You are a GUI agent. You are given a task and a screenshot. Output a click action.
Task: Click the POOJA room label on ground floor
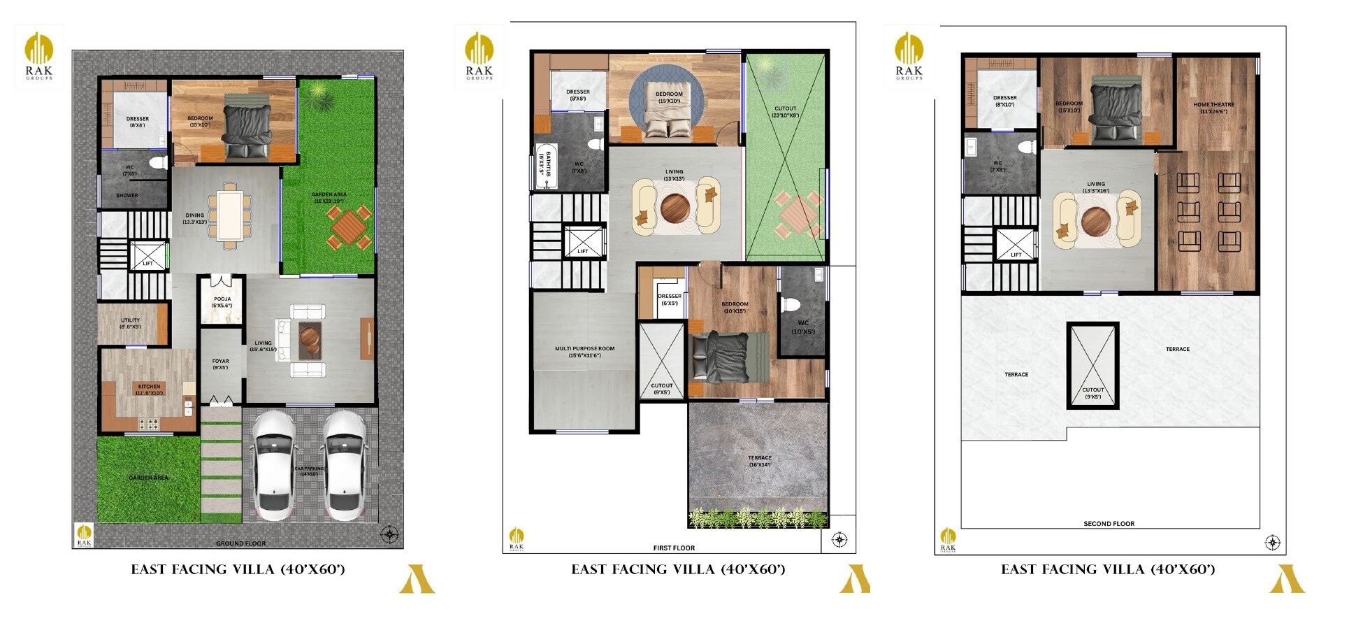point(222,301)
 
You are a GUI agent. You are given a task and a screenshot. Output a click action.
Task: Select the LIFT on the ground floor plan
point(148,256)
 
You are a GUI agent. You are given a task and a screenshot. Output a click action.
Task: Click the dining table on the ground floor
point(229,216)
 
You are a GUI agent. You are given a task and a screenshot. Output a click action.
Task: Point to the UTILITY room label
point(130,323)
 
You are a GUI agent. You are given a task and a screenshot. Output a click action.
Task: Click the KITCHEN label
point(149,389)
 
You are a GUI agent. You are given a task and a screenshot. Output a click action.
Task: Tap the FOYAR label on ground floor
point(220,364)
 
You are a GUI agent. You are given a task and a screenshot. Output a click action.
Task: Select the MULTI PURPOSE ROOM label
point(584,351)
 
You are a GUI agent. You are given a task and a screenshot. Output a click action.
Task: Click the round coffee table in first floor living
point(675,207)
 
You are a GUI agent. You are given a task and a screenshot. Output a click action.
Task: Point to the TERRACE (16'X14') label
point(759,461)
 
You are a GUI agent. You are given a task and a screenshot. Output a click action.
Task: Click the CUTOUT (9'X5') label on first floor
point(661,388)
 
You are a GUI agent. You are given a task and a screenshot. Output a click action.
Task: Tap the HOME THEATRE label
point(1213,107)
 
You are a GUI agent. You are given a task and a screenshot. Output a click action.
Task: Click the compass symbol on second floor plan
point(1272,543)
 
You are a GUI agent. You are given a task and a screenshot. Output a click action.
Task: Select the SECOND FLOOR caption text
point(1109,523)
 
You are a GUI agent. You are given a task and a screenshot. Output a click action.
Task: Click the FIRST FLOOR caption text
point(674,548)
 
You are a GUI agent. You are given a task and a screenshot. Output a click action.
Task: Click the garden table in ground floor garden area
point(347,227)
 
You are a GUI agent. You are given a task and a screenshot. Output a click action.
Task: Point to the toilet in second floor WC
point(1027,147)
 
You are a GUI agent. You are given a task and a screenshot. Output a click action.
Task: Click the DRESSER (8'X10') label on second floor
point(1004,101)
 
